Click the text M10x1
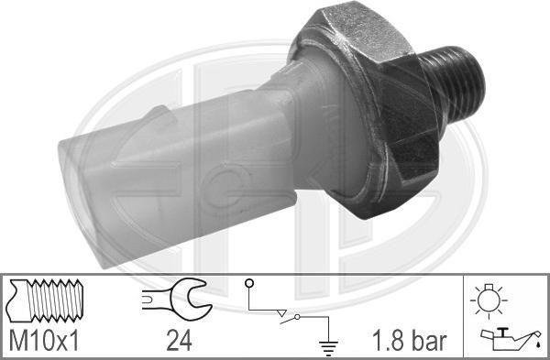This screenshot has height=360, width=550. point(43,343)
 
